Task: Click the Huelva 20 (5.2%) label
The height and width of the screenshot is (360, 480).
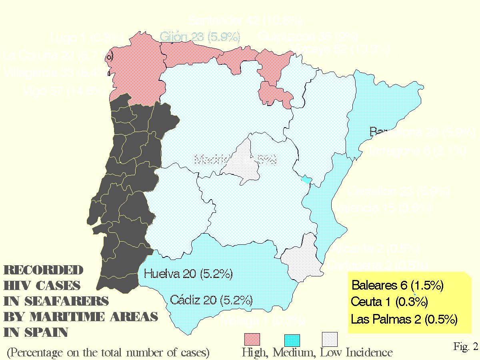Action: (x=188, y=274)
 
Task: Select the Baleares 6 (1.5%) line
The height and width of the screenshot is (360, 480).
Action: (x=397, y=285)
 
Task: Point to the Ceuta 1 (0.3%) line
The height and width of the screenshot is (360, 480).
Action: (x=389, y=302)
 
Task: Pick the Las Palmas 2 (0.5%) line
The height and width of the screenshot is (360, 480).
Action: (x=404, y=319)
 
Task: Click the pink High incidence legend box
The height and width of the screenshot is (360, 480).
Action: (x=252, y=340)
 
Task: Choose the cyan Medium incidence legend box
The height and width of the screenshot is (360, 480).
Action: (x=292, y=340)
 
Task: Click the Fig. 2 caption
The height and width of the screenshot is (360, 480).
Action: (x=466, y=346)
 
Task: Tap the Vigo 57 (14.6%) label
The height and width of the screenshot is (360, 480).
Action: (x=64, y=91)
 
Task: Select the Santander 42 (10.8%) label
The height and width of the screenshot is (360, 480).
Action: (x=245, y=20)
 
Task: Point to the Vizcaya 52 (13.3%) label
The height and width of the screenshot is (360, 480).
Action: (x=341, y=49)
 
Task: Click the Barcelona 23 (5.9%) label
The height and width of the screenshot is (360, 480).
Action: (x=422, y=132)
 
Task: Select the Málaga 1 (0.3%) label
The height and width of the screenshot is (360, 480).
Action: (x=263, y=320)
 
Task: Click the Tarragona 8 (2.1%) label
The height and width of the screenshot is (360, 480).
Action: (x=417, y=151)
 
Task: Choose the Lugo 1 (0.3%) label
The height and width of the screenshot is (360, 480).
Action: (x=87, y=38)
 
